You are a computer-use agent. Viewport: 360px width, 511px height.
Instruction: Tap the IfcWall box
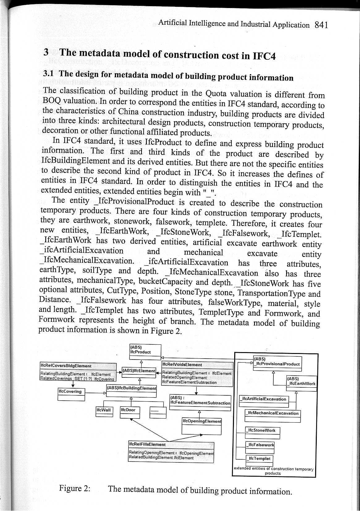(104, 412)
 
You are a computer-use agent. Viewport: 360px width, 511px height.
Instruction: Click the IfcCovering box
(71, 394)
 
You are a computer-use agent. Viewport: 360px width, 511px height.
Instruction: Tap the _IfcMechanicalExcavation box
(272, 416)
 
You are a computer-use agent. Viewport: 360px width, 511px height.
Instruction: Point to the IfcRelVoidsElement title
(182, 365)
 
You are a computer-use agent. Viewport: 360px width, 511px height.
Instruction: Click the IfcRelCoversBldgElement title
(66, 366)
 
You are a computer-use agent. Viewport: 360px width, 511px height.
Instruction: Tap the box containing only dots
(158, 412)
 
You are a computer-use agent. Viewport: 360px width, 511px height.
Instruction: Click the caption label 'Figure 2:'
(74, 488)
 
